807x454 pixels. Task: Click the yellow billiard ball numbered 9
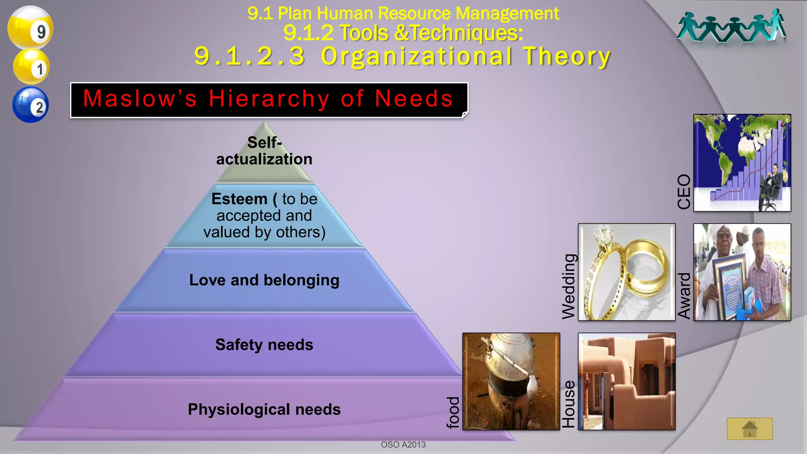coord(30,28)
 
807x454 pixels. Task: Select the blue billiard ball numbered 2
coord(30,105)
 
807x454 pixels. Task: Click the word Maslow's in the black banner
coord(140,99)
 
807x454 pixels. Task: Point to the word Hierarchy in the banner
coord(269,99)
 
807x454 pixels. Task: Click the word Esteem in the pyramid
coord(239,199)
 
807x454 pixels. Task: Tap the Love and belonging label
coord(264,280)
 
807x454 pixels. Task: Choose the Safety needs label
coord(264,345)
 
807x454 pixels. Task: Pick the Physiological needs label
coord(264,409)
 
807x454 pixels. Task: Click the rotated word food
coord(453,412)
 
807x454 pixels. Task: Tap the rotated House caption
coord(568,404)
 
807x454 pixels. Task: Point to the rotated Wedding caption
coord(569,287)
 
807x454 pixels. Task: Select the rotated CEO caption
coord(684,192)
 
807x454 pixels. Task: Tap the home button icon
coord(749,429)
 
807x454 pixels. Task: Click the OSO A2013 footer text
coord(403,445)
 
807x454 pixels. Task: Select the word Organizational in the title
coord(417,56)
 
